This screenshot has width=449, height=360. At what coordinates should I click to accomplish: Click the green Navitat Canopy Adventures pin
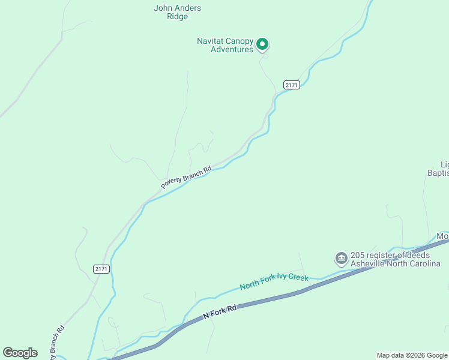tap(262, 44)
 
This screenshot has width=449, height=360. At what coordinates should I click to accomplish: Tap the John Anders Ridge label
tap(177, 13)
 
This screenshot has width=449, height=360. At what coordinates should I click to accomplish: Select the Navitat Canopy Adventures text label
tap(224, 45)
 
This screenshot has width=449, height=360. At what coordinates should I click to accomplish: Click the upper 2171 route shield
tap(292, 85)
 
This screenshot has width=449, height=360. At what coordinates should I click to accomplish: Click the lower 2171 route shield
tap(101, 269)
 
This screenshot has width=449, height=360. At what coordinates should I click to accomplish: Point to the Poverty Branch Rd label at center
tap(186, 178)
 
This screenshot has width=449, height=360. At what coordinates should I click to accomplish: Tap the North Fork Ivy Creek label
tap(274, 282)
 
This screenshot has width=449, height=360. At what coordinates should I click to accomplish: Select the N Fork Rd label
tap(220, 311)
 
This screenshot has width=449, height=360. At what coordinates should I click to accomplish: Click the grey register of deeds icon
tap(341, 259)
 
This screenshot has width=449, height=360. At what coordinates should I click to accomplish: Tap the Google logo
tap(20, 353)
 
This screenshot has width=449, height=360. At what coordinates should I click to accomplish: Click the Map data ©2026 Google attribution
tap(412, 355)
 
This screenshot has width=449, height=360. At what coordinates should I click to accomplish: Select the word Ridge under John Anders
tap(177, 17)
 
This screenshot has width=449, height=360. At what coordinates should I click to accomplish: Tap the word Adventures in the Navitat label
tap(232, 50)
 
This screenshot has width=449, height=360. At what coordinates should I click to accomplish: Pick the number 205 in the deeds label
tap(358, 254)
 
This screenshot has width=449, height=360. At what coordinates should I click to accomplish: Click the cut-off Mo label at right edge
tap(442, 236)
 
